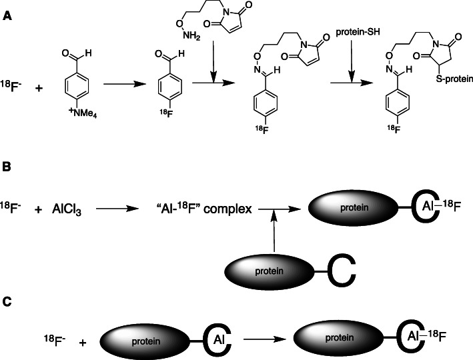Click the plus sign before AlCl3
pos(38,209)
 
